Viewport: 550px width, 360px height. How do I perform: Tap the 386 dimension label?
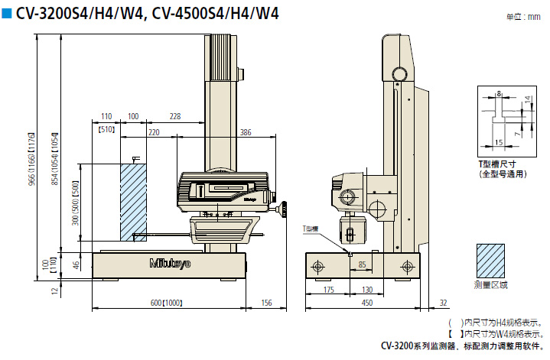click(245, 133)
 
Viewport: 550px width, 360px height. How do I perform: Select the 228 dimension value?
click(175, 116)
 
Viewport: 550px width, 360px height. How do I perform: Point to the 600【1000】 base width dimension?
click(165, 303)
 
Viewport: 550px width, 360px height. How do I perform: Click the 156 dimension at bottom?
click(267, 303)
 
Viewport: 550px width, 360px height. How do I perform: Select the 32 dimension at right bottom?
click(443, 303)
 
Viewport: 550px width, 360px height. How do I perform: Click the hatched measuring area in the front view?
click(133, 201)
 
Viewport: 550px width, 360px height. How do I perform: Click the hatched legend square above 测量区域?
click(490, 262)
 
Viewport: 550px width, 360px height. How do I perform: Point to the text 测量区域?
click(490, 285)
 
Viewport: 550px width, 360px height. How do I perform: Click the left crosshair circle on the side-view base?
click(318, 266)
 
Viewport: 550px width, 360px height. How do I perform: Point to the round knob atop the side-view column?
click(399, 74)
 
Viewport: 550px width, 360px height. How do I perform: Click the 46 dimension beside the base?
click(75, 264)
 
